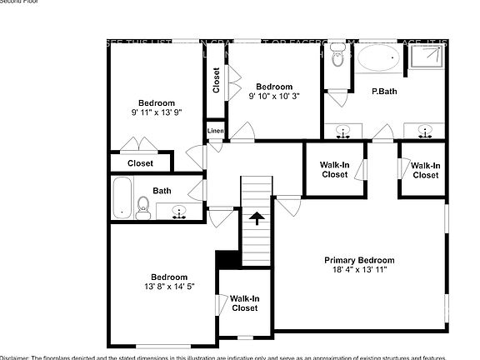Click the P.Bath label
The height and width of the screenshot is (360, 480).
383,92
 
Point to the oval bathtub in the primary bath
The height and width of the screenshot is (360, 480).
380,61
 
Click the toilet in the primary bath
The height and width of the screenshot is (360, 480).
337,58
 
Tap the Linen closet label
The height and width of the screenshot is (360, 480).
215,132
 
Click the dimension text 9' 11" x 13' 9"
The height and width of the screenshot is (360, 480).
156,112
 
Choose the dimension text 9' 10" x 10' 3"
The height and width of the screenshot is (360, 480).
274,97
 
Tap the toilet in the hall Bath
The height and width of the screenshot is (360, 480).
142,208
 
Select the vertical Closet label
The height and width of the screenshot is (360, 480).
216,81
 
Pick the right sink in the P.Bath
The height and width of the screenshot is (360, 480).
424,130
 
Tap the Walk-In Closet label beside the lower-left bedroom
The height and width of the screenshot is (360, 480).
244,303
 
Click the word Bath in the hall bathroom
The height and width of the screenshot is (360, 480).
162,191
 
